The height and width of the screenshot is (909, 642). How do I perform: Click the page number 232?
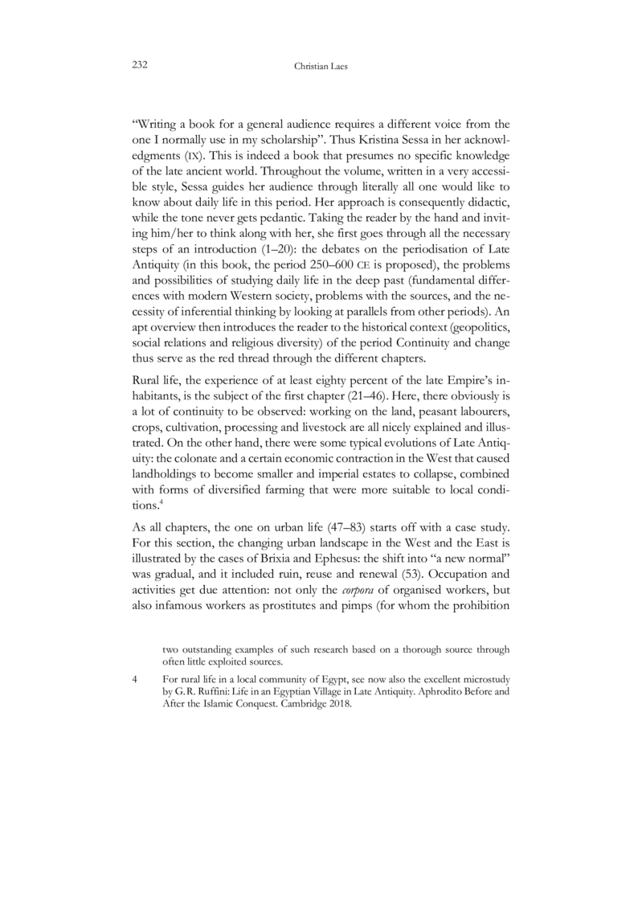pos(141,62)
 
